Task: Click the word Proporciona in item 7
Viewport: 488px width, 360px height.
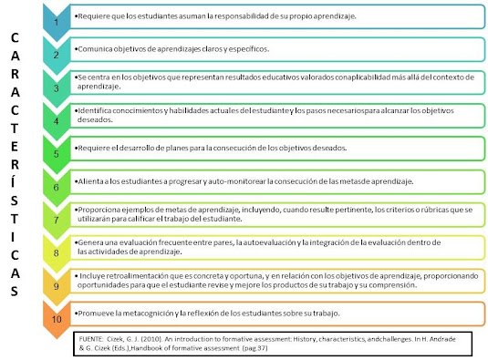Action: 98,209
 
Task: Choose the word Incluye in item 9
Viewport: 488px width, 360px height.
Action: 90,274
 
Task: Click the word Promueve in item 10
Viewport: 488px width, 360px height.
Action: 95,314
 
